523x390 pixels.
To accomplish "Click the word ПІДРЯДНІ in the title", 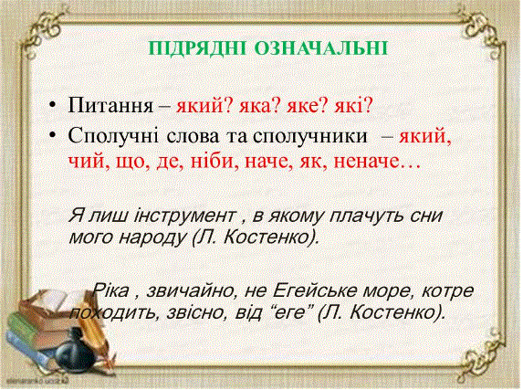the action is (x=197, y=48).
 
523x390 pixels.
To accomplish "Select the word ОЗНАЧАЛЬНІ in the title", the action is (x=321, y=48).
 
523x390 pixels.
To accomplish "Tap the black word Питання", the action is (x=110, y=106).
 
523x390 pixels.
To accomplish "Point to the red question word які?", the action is (x=353, y=106).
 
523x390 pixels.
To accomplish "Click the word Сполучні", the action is (x=113, y=137).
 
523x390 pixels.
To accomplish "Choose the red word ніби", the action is (x=214, y=162).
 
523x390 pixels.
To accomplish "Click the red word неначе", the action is (x=367, y=163).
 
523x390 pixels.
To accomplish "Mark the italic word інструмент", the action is (x=184, y=216).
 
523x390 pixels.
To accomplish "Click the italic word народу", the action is (x=152, y=238).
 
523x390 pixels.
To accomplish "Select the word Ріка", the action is (x=110, y=290).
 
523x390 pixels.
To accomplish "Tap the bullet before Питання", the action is (x=52, y=104).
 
